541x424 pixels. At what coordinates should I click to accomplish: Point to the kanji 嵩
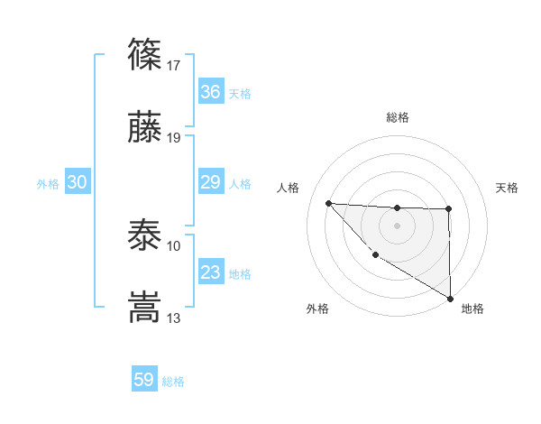click(145, 307)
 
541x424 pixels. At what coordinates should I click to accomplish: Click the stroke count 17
click(174, 65)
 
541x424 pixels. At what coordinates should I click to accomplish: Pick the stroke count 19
click(174, 138)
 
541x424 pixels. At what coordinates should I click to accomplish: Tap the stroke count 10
click(174, 245)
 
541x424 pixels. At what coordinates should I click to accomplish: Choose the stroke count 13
click(174, 318)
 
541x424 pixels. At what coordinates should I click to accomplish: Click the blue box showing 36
click(210, 92)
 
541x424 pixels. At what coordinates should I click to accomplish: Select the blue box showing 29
click(210, 183)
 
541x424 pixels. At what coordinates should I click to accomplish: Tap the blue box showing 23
click(210, 273)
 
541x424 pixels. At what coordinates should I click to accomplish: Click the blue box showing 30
click(77, 183)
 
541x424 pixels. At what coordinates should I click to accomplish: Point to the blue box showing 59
click(144, 381)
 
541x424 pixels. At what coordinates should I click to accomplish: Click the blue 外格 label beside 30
click(48, 184)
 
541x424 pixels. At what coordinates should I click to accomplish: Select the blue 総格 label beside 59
click(173, 382)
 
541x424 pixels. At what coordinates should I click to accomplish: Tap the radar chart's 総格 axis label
click(398, 117)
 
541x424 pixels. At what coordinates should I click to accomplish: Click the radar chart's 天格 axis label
click(507, 188)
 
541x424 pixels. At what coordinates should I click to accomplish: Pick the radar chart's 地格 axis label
click(472, 309)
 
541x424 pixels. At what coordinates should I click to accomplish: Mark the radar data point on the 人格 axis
click(328, 203)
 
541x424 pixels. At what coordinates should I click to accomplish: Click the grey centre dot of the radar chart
click(397, 225)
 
